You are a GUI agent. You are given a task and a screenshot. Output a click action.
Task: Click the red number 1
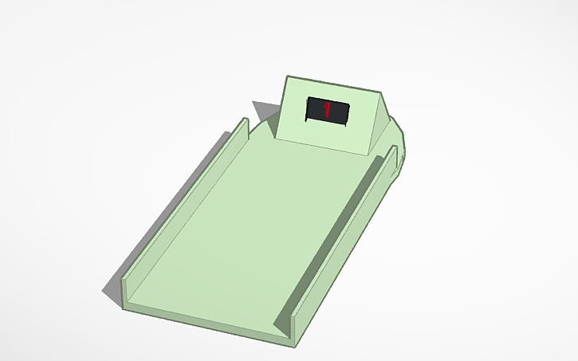[x=327, y=109]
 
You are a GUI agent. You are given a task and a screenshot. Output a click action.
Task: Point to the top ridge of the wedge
[x=335, y=84]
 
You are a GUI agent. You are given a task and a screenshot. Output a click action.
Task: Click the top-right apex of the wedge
[x=383, y=92]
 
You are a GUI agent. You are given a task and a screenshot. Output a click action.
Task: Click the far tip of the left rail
[x=245, y=120]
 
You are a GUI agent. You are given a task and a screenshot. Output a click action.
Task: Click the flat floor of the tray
[x=247, y=231]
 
